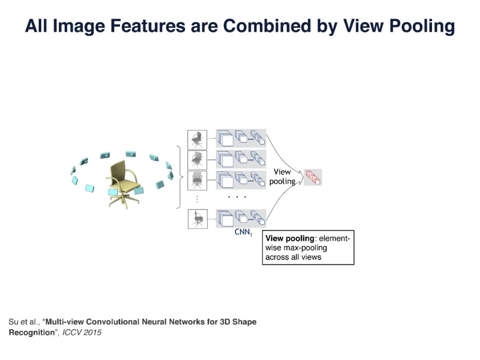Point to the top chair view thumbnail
click(197, 139)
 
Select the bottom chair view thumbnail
click(197, 219)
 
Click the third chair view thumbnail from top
click(197, 180)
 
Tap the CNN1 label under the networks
click(243, 232)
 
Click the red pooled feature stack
click(313, 177)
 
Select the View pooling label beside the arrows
click(282, 176)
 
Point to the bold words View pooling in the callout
click(290, 239)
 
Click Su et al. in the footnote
click(24, 322)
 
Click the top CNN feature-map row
click(241, 138)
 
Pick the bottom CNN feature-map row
click(241, 218)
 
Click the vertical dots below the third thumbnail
click(197, 200)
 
